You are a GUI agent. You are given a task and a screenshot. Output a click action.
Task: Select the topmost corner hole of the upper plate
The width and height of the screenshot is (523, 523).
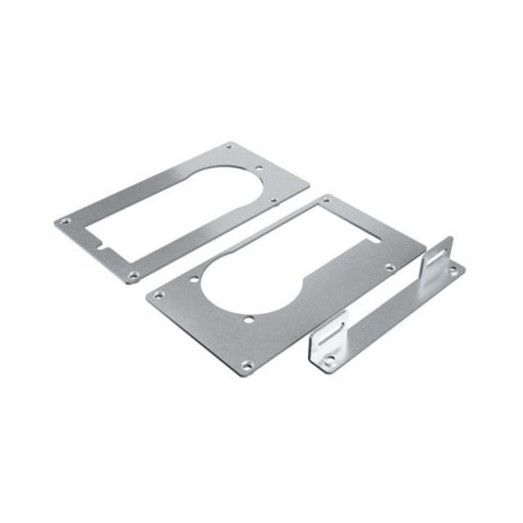pyautogui.click(x=231, y=146)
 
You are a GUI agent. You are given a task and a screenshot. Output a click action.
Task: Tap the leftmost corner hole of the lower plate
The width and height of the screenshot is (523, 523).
pyautogui.click(x=158, y=293)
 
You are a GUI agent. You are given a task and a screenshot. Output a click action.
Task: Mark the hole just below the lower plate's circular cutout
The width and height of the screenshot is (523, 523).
pyautogui.click(x=254, y=319)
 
